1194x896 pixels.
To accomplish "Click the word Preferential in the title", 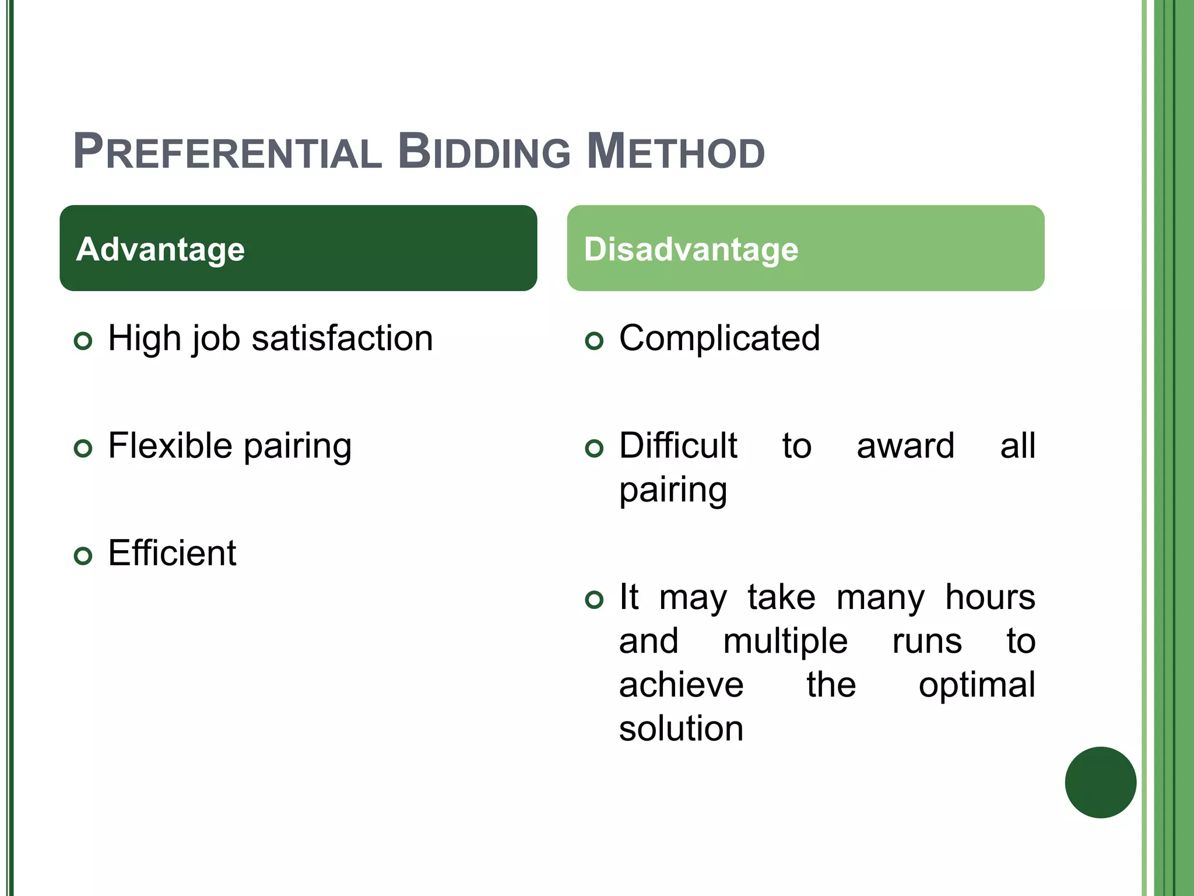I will click(x=227, y=152).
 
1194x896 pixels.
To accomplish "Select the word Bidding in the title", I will click(x=484, y=152).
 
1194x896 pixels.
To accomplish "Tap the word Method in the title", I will click(x=675, y=152).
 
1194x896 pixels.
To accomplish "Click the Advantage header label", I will click(x=160, y=249).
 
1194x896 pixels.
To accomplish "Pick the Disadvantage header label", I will click(x=691, y=249).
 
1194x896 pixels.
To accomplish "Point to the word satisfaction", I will click(x=342, y=338).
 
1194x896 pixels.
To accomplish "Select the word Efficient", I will click(x=172, y=553).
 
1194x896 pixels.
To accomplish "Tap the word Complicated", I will click(x=719, y=338).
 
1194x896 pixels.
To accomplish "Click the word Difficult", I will click(x=678, y=446).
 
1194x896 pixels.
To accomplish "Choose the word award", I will click(x=905, y=446).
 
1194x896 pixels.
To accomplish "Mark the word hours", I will click(x=990, y=597).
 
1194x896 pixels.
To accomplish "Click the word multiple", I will click(x=785, y=641).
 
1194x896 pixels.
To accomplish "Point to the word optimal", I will click(x=977, y=685).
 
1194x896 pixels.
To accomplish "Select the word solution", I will click(x=681, y=729).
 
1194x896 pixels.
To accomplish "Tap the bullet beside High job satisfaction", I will click(x=83, y=341).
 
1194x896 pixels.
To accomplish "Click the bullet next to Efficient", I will click(x=83, y=556).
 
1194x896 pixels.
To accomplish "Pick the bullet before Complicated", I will click(x=594, y=341).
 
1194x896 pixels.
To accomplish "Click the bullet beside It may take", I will click(x=594, y=600).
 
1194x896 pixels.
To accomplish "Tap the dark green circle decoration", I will click(x=1100, y=782).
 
